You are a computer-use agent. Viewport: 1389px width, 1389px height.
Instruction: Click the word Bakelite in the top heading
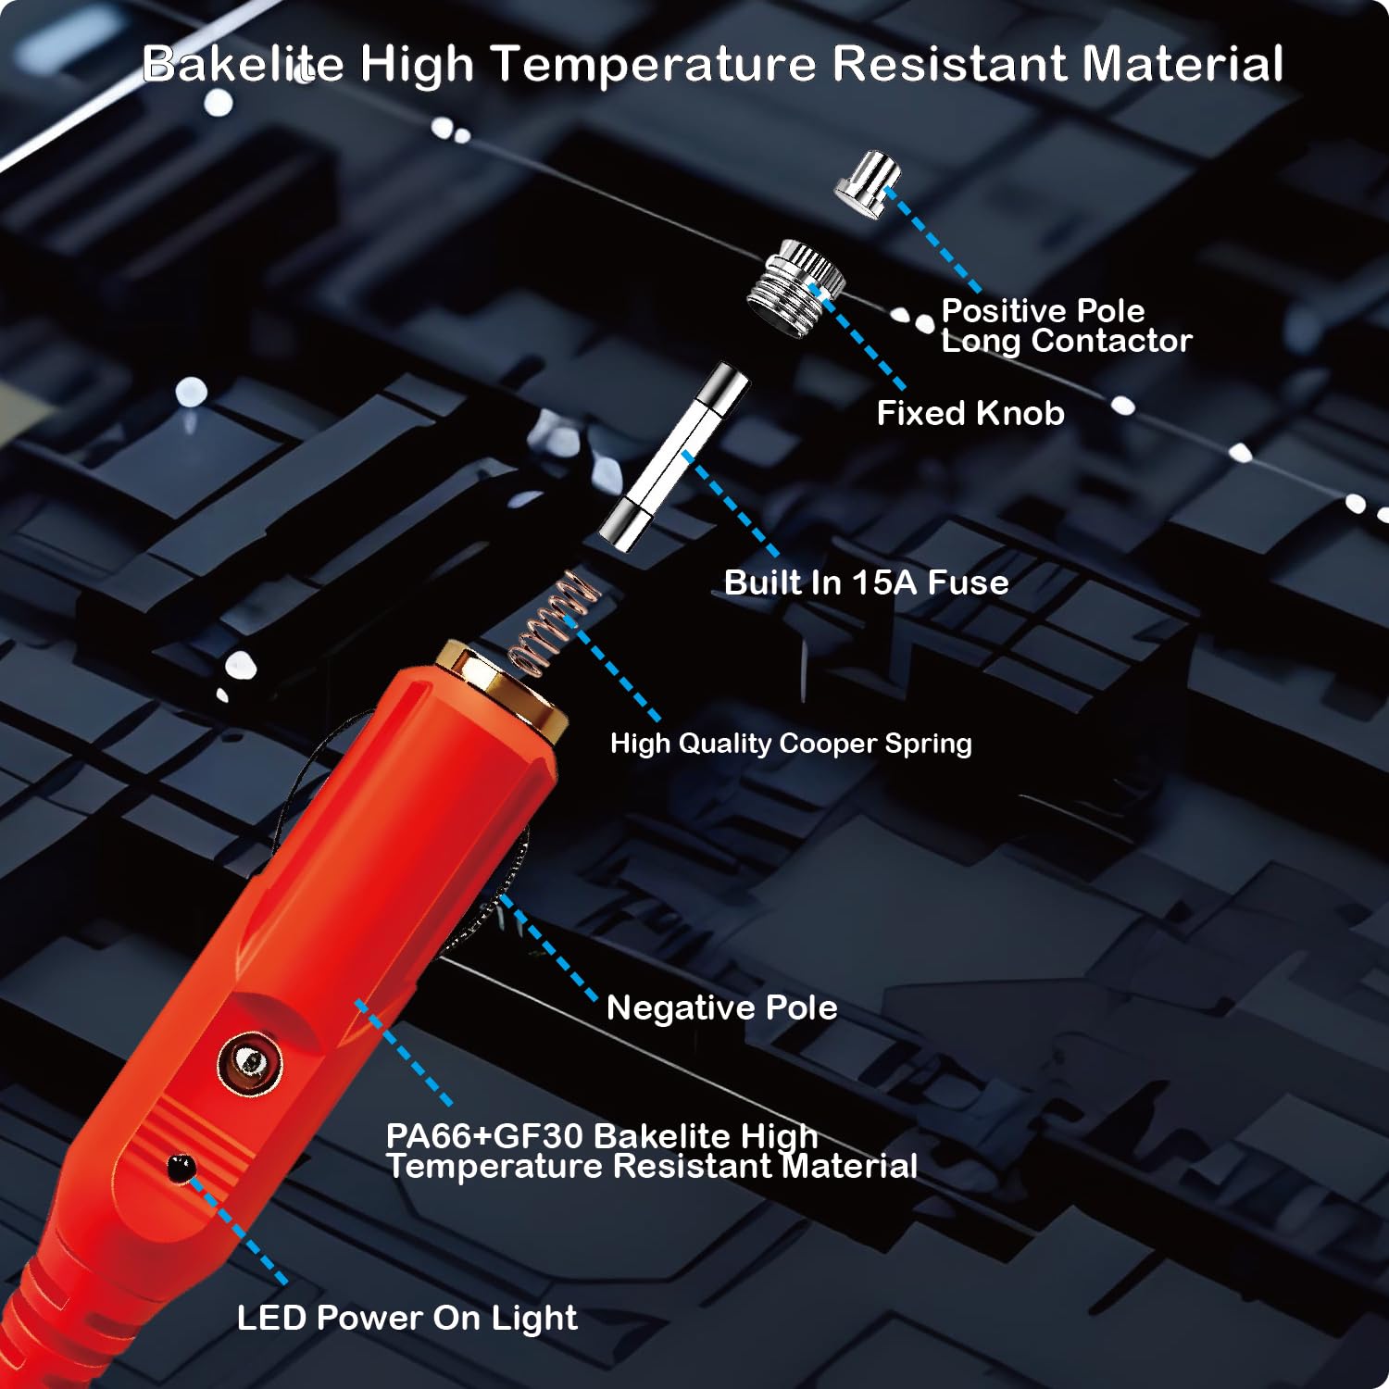click(243, 64)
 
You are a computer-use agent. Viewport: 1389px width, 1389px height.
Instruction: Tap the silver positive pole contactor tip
click(868, 184)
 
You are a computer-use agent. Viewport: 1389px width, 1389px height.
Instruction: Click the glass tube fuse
click(673, 458)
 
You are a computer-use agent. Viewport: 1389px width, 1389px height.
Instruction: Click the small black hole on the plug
click(179, 1167)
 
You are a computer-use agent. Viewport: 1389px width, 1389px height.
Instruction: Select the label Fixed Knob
click(970, 413)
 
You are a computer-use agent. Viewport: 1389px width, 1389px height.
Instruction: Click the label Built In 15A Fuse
click(866, 582)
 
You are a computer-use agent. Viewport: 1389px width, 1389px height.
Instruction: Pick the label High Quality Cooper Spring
click(791, 744)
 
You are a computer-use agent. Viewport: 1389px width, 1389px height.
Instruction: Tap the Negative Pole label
click(721, 1007)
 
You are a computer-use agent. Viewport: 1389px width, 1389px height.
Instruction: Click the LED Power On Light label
click(407, 1318)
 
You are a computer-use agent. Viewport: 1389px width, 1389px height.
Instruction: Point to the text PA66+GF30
click(483, 1136)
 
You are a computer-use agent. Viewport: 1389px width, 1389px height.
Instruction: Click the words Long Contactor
click(1066, 341)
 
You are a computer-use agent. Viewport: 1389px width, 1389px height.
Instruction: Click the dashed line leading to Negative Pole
click(549, 948)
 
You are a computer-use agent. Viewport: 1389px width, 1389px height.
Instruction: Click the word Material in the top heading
click(1183, 64)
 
